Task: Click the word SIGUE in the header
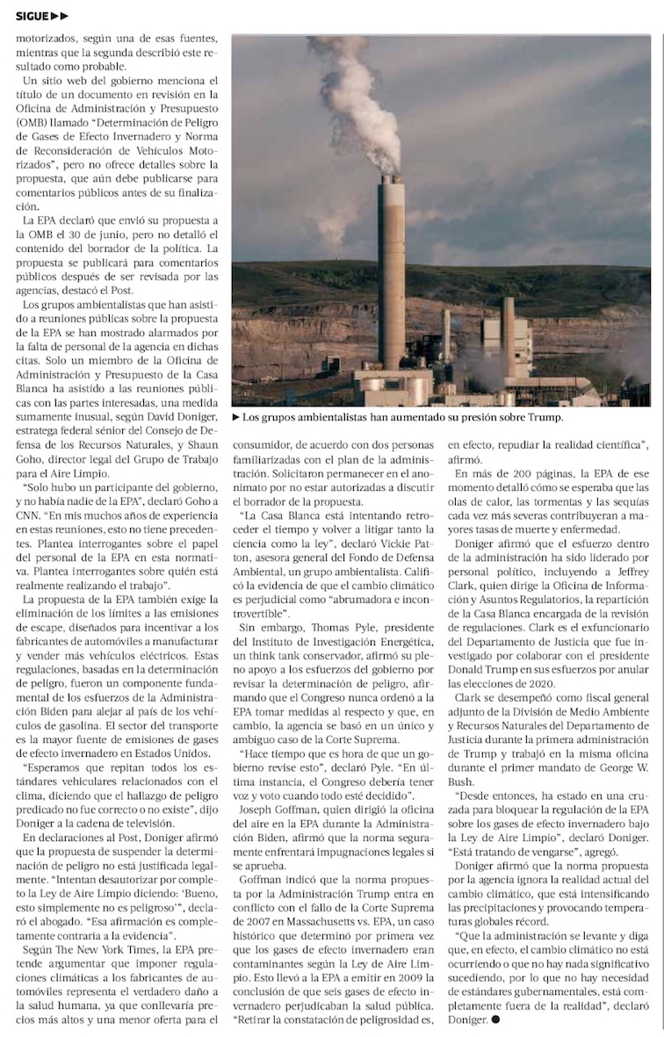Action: [31, 16]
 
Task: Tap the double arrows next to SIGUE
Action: [60, 16]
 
